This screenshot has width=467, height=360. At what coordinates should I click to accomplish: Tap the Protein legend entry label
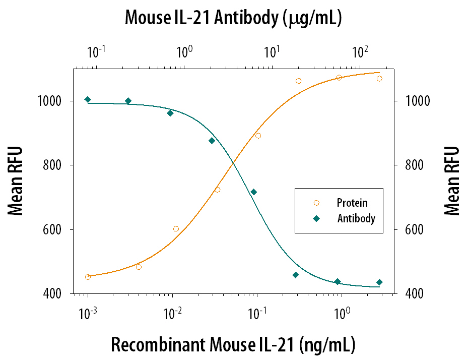(352, 203)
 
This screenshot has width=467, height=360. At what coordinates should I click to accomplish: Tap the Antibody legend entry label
(356, 219)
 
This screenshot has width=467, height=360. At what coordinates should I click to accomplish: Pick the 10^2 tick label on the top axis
(359, 51)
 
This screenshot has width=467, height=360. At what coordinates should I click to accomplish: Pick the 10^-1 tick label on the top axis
(96, 51)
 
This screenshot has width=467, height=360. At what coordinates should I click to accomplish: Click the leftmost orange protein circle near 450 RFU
(88, 277)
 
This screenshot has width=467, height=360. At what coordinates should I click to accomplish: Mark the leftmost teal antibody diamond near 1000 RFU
(88, 99)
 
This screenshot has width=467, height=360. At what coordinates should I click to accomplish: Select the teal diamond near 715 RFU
(253, 192)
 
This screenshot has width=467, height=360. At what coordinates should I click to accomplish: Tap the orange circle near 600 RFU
(176, 229)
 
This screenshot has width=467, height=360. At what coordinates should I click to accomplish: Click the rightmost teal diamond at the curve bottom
(379, 282)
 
